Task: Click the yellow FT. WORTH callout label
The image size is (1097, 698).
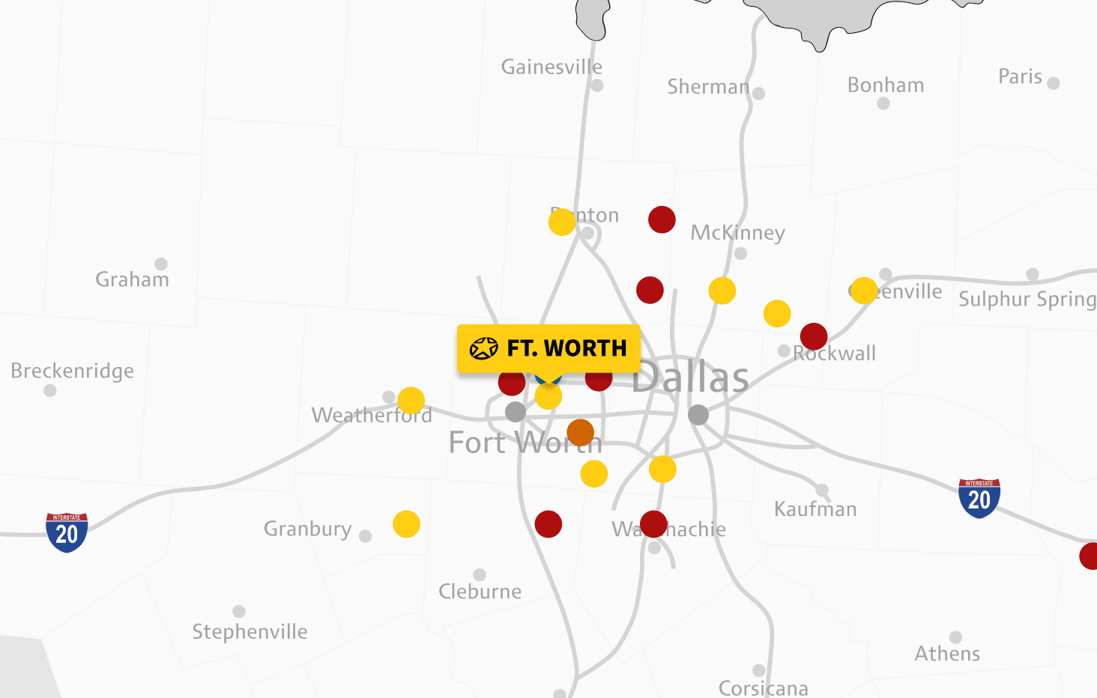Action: (548, 348)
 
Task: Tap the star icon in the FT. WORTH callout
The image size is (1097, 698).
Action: (483, 348)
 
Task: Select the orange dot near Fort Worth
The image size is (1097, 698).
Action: (581, 433)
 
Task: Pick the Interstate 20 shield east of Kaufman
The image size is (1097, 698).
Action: (979, 498)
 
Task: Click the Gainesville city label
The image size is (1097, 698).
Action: (551, 67)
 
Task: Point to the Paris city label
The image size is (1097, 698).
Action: (1020, 76)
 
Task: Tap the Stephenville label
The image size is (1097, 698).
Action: (250, 632)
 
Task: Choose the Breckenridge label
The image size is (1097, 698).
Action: (73, 371)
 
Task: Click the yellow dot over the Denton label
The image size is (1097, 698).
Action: (562, 222)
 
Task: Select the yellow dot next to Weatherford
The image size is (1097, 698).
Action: (411, 401)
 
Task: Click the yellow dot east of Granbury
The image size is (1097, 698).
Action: (406, 524)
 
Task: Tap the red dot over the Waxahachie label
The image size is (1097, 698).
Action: (654, 524)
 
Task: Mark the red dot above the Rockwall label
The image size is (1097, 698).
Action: (814, 337)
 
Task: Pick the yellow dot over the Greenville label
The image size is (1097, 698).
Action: (864, 291)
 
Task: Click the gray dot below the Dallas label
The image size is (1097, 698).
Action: (698, 414)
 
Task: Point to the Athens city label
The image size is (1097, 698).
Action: (947, 654)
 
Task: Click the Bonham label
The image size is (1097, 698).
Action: (886, 85)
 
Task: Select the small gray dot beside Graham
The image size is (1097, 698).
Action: (161, 264)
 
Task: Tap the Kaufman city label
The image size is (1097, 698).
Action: (815, 509)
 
